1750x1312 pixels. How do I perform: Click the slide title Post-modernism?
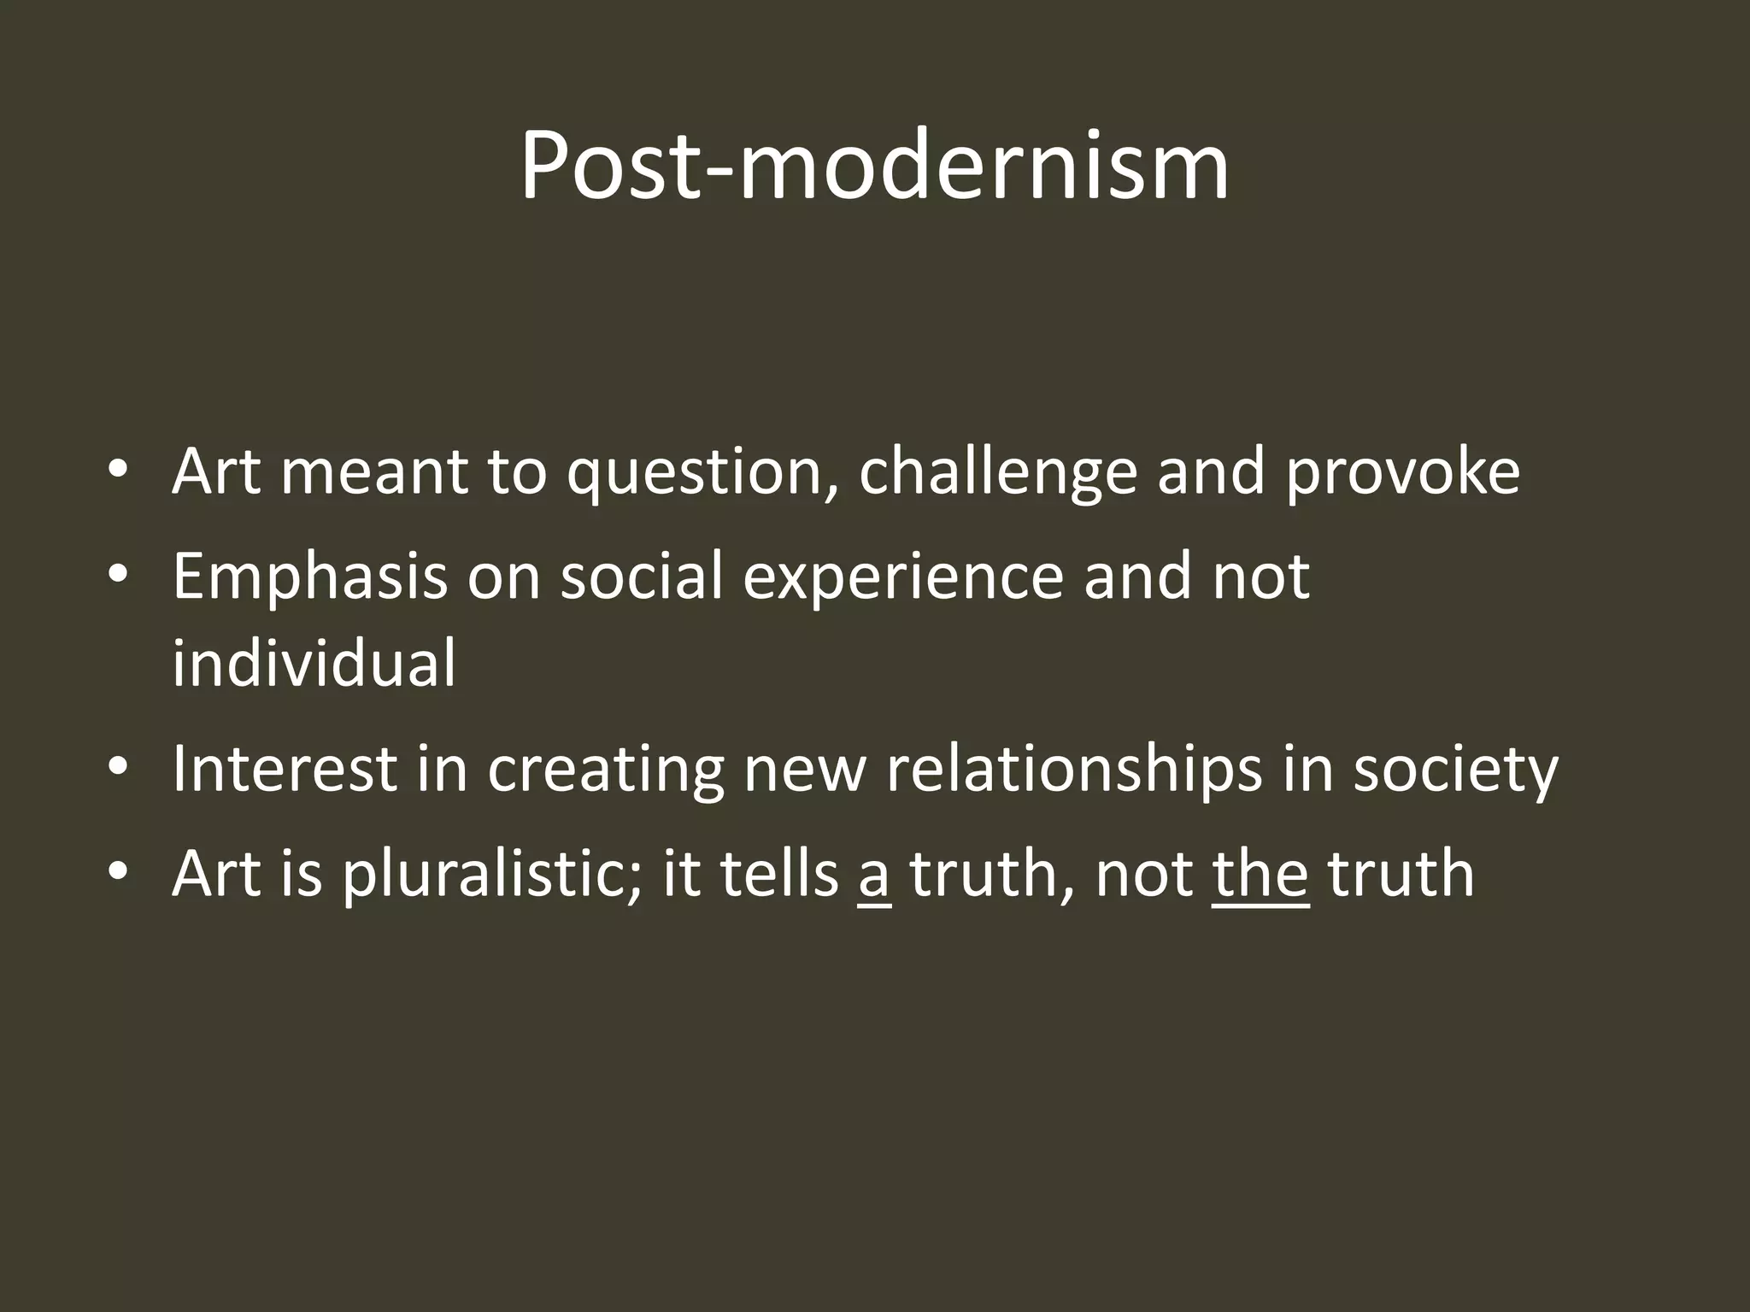coord(874,167)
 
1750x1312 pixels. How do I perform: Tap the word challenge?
coord(997,474)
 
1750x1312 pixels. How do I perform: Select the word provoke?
coord(1402,474)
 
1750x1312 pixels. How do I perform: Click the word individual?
coord(314,664)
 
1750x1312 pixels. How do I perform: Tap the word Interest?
coord(285,769)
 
